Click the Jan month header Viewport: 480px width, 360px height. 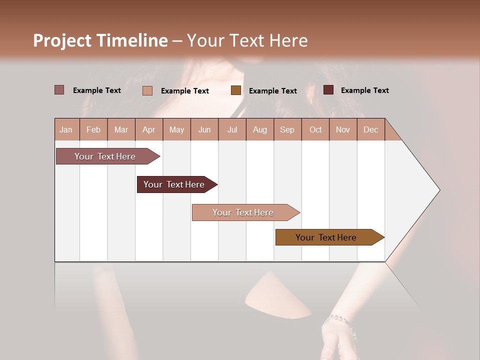point(66,129)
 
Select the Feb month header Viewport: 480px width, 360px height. point(93,129)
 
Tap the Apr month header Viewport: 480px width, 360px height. point(148,129)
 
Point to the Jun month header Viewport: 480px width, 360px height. point(204,129)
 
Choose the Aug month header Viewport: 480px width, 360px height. point(259,129)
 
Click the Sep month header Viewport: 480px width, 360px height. point(287,129)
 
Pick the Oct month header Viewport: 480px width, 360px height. point(315,129)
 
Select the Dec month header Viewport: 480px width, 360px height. point(370,129)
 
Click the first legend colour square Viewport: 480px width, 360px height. point(59,90)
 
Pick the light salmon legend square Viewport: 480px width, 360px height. point(147,90)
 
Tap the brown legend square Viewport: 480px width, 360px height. point(236,90)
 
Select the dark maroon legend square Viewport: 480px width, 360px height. point(328,90)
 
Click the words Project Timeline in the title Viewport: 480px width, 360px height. point(100,40)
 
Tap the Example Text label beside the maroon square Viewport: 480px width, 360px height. point(364,90)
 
